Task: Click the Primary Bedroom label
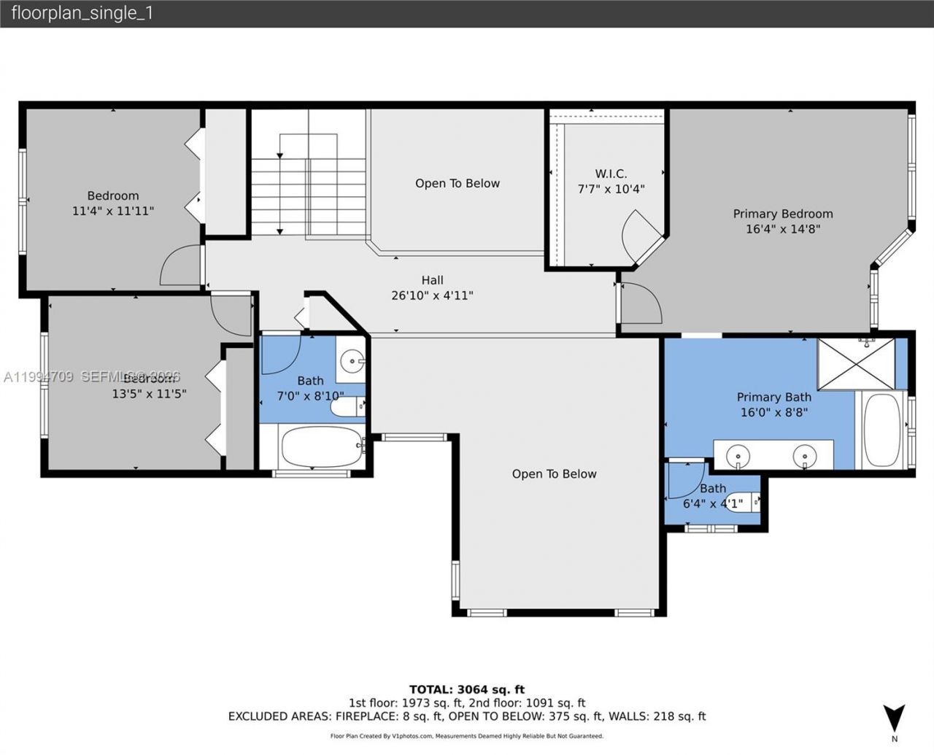pos(782,214)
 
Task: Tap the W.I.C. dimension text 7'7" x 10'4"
pos(611,190)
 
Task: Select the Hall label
pos(432,280)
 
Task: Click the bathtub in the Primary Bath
pos(882,430)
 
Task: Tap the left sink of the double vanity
pos(738,457)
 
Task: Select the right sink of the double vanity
pos(805,457)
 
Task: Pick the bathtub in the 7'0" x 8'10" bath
pos(321,446)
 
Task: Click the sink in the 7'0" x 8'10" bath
pos(353,360)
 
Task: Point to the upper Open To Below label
pos(458,183)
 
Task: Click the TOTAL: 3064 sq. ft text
pos(466,689)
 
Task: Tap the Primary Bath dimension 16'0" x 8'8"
pos(773,412)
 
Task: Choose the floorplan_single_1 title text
pos(82,13)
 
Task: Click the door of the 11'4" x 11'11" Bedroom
pos(180,266)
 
